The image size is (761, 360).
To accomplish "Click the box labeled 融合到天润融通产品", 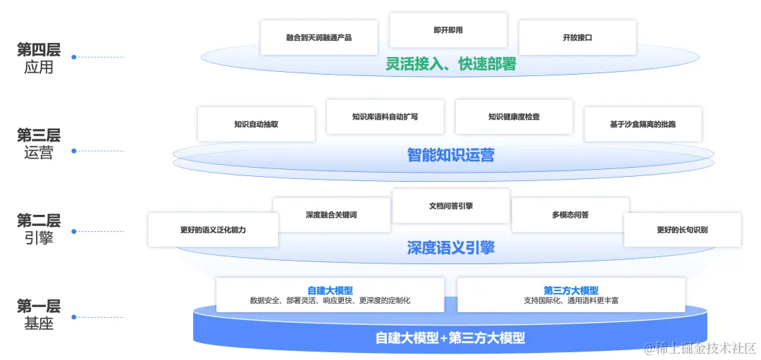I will [x=318, y=37].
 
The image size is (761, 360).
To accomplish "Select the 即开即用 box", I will [x=448, y=30].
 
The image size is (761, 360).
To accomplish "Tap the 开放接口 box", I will [x=577, y=37].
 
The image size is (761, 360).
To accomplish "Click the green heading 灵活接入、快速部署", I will [x=451, y=64].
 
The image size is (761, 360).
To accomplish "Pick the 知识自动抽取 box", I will [x=256, y=124].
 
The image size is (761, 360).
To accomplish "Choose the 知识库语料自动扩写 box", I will [x=385, y=116].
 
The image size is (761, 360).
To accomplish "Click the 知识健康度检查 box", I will [x=514, y=116].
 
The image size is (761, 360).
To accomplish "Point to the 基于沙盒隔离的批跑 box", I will [x=643, y=124].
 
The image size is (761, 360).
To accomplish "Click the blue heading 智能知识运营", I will [x=451, y=155].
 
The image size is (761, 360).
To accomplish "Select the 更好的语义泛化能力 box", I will [x=213, y=230].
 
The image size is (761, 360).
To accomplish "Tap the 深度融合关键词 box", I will [x=331, y=215].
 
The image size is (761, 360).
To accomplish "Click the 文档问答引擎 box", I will [x=451, y=206].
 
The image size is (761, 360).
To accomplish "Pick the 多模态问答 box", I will [x=570, y=215].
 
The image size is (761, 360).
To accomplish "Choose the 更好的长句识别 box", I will [x=682, y=230].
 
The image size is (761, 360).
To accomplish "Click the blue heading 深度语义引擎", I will [x=451, y=247].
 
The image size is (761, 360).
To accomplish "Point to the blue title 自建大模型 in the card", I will [x=330, y=290].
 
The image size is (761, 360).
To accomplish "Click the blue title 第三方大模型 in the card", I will [x=571, y=290].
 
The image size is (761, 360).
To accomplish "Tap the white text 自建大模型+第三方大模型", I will [x=450, y=337].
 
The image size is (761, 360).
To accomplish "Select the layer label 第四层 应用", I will [x=39, y=58].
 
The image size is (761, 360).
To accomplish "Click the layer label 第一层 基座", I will [x=39, y=315].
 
